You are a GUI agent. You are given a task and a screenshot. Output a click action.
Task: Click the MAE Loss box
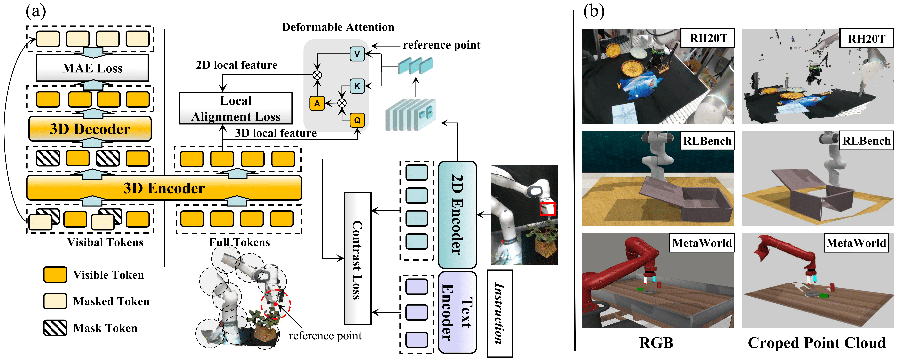(92, 68)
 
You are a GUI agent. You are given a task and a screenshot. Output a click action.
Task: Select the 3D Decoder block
(90, 129)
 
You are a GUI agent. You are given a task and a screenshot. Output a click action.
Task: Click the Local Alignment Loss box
(236, 108)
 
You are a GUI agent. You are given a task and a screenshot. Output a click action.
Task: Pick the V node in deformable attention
(357, 54)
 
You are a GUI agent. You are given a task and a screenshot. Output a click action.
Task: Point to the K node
(357, 86)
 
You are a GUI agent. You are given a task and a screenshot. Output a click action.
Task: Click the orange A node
(317, 103)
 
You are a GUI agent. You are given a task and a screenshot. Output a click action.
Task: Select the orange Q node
(357, 120)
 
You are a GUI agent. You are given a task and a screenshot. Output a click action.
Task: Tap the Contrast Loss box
(357, 258)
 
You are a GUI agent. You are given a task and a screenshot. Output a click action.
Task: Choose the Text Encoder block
(457, 312)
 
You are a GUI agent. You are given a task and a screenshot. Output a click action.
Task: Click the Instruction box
(500, 313)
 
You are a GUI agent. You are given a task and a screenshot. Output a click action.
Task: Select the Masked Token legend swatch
(55, 301)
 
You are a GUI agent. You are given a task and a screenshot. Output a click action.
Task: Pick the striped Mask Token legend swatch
(55, 328)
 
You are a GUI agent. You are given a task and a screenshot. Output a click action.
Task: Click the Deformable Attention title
(338, 27)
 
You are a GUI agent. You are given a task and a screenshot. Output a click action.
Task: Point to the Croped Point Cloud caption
(817, 343)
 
